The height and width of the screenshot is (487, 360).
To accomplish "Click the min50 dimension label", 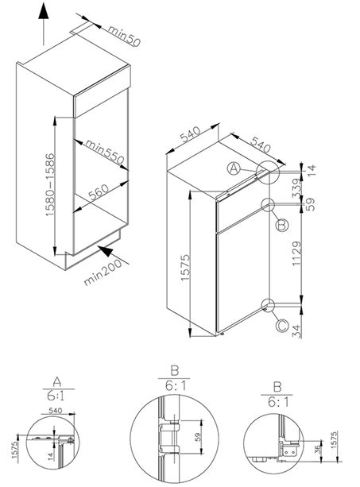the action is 124,36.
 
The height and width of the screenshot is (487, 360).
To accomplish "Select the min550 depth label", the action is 105,152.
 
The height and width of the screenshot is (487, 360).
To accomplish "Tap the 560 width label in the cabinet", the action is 99,192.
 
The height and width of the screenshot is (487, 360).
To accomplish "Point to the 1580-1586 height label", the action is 50,185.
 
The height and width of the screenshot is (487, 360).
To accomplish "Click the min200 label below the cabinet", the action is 103,272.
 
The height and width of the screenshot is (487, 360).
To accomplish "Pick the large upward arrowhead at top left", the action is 44,11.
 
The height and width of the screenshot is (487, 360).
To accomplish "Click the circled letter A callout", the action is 234,168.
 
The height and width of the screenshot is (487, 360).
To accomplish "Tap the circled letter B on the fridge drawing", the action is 282,225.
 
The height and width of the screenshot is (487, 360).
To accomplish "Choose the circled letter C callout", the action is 282,326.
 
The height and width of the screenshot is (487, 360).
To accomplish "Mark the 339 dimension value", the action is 297,188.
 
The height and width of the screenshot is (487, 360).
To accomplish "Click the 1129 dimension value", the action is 297,253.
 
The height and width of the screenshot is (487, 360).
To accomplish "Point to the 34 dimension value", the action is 297,330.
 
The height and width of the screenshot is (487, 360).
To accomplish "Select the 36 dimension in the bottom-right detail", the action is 317,450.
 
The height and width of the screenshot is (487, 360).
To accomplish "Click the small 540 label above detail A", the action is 56,410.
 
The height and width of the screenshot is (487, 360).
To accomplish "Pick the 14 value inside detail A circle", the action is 51,456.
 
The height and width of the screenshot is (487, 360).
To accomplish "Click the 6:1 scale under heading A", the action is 56,396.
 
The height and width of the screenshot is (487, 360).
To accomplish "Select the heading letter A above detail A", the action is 56,381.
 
